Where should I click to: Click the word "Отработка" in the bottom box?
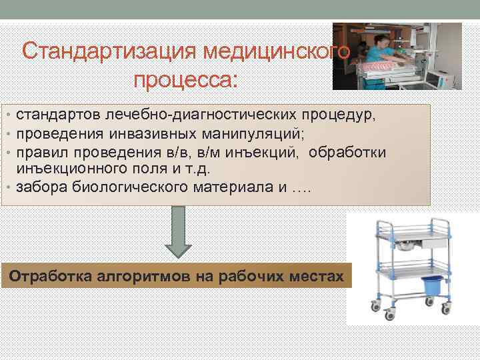pos(51,275)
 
